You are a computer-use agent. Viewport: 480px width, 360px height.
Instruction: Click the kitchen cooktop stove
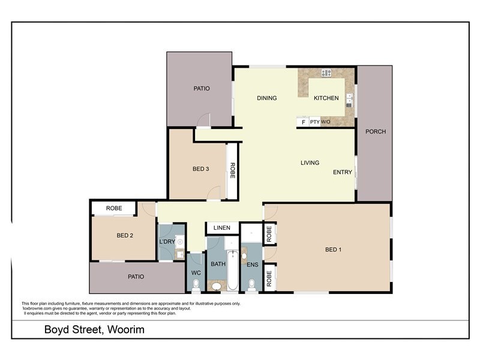pos(326,73)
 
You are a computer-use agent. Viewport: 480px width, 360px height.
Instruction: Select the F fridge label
pos(303,122)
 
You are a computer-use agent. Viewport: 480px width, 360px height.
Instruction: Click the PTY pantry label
pos(314,122)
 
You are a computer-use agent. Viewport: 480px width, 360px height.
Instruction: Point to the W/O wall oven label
pos(325,122)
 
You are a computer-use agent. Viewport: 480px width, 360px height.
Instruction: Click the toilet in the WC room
pos(196,284)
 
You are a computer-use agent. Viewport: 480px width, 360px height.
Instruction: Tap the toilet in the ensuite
pos(251,284)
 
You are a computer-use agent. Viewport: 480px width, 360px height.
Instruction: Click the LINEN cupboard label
pos(222,229)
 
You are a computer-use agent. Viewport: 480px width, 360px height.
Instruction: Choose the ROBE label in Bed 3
pos(232,171)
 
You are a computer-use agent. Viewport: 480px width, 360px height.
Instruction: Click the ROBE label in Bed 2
pos(114,208)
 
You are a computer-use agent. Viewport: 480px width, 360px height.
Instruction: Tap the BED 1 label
pos(333,250)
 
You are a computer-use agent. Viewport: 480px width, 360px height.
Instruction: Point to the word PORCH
pos(376,131)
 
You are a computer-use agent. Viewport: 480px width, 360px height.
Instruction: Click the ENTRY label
pos(343,173)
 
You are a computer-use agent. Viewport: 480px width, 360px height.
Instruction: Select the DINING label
pos(266,98)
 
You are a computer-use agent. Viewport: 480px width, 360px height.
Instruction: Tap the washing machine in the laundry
pos(179,242)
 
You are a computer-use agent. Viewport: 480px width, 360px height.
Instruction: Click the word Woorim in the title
pos(126,330)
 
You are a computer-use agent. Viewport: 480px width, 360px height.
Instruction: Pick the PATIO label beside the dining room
pos(202,89)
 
